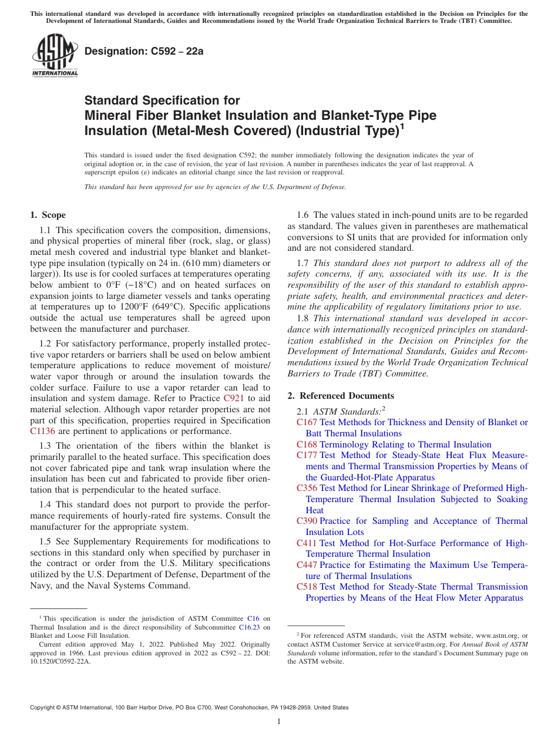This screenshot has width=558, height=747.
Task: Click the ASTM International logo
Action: (55, 56)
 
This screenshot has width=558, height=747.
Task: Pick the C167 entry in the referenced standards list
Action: (307, 422)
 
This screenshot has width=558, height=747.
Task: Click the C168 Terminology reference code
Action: (307, 445)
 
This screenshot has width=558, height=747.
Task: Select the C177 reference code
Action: (307, 455)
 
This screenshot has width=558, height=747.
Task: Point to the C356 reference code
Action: (307, 488)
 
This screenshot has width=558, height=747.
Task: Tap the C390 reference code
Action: (307, 521)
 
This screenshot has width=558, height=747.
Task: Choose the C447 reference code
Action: (307, 565)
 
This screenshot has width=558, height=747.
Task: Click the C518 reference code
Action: (307, 587)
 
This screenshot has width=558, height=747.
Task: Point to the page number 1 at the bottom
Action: (279, 721)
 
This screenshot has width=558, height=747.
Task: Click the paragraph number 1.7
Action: (303, 263)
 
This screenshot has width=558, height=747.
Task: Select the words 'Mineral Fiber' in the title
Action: (122, 115)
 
